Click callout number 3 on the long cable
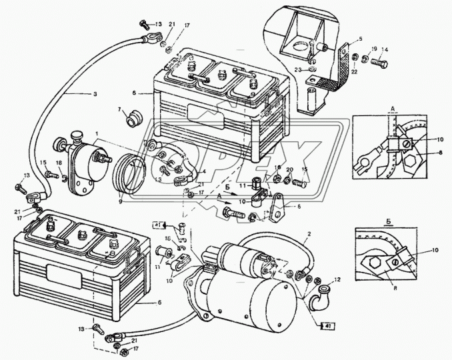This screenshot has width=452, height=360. (95, 94)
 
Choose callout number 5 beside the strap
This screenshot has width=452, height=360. (361, 39)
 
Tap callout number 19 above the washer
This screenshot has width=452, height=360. (375, 49)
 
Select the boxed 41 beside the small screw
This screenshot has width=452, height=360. (159, 225)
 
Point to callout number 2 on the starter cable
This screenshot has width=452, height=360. (308, 235)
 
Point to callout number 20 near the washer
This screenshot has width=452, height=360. (290, 171)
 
